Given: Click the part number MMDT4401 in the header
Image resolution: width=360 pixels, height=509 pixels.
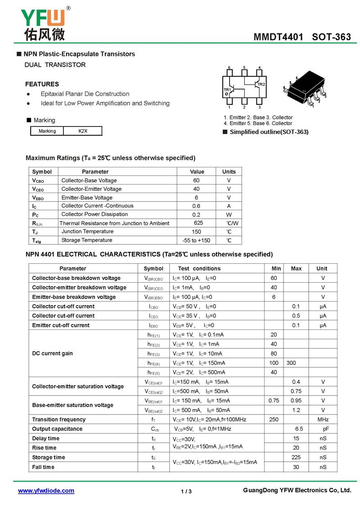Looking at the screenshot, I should coord(279,37).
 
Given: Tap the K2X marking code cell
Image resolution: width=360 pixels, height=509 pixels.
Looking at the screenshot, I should coord(83,131).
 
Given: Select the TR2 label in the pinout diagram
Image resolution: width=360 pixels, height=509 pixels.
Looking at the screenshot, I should coord(261,85).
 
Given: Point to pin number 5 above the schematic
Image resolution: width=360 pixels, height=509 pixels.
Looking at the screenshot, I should coord(244,68).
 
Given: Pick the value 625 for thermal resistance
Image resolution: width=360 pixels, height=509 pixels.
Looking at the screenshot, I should coord(198,223).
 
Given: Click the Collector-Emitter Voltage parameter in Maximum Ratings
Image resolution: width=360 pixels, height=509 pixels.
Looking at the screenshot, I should coord(91,189).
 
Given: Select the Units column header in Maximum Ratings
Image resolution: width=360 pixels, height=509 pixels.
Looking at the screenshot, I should coord(229,171).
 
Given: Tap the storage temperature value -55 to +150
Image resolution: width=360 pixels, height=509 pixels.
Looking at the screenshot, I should coord(196,240).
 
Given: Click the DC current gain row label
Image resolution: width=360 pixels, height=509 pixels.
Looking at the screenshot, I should coord(52,353).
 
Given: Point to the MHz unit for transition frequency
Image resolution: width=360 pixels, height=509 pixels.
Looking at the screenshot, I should coord(323,419).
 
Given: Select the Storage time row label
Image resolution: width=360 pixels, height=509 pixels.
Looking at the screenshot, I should coord(49,457).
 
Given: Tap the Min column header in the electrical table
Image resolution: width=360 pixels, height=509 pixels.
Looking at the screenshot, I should coord(276,269).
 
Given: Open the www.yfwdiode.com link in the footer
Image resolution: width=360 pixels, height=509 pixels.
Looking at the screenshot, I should coord(46,491).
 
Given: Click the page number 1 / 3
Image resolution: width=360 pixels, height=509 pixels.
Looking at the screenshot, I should coord(186,491).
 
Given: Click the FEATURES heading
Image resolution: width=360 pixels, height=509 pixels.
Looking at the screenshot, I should coord(42,84).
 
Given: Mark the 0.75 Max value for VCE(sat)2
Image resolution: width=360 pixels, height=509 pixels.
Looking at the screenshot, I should coord(296,391).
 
